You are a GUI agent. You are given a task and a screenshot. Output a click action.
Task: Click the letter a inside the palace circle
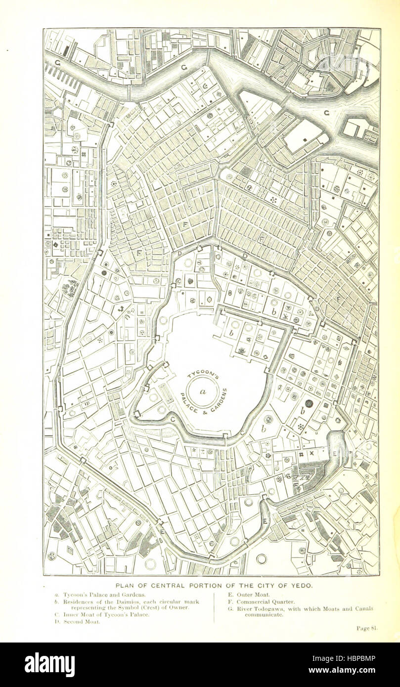pos(202,391)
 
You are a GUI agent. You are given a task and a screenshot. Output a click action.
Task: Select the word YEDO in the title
pos(299,585)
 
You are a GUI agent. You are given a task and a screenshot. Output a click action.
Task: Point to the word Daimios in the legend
pos(115,601)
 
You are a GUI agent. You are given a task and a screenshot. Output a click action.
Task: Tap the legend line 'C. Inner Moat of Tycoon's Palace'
pos(98,615)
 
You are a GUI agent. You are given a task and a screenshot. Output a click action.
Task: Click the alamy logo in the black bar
pos(49,664)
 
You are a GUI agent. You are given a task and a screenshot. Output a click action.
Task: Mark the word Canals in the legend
pos(363,608)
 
